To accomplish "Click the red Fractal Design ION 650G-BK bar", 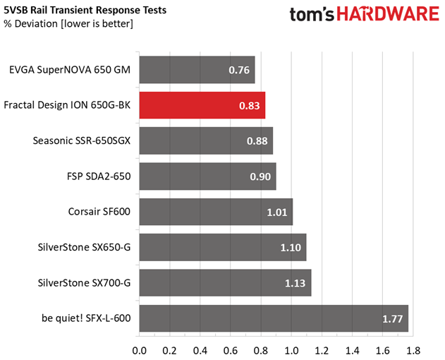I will (x=202, y=105).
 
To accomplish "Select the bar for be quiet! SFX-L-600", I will (x=274, y=318).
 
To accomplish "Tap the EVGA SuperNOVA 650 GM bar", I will (x=197, y=70).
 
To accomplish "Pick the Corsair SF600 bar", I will (x=216, y=212).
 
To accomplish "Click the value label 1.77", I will (x=394, y=319).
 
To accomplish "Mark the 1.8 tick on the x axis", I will (x=413, y=349).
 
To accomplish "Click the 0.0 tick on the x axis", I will (x=139, y=349).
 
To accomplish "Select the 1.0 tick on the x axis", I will (x=291, y=349).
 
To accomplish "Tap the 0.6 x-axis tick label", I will (x=231, y=349).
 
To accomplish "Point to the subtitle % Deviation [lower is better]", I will (x=68, y=24).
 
